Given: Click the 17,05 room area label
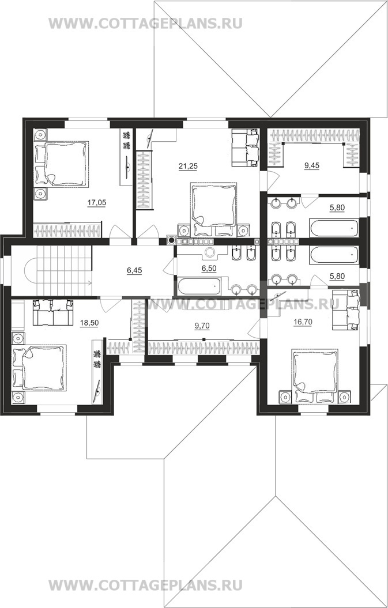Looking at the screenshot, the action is tap(97, 202).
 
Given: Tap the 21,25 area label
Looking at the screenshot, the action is tap(188, 167).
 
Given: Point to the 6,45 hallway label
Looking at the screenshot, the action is tap(135, 271).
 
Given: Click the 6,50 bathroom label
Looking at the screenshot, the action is tap(209, 267).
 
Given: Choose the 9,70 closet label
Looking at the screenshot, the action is tap(202, 326).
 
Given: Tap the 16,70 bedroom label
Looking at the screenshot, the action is tap(303, 322).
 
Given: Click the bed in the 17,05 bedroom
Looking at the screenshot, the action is tap(62, 164).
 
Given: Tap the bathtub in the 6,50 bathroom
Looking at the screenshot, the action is tap(199, 286).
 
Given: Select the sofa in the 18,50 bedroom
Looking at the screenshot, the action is tap(53, 312).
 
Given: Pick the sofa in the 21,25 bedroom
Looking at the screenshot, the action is tap(245, 148).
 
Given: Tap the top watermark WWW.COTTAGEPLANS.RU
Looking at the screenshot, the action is tap(145, 24).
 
